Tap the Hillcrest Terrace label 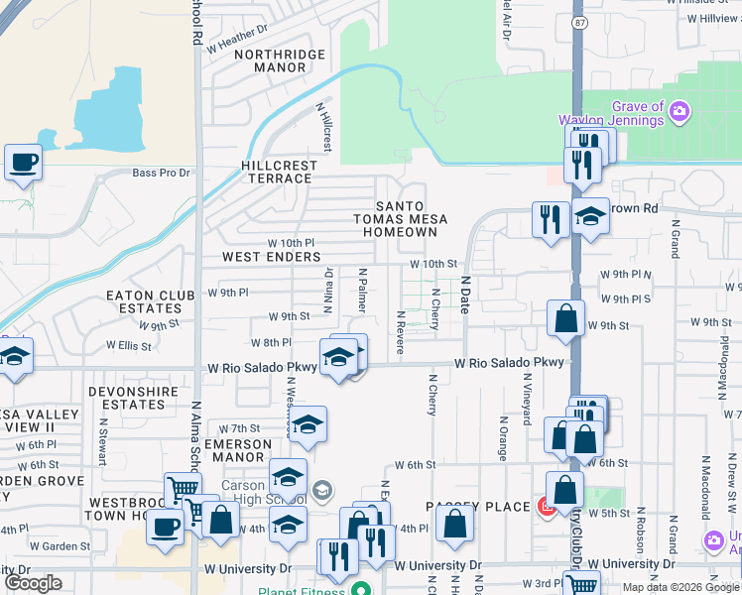279,172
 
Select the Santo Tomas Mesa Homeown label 400,218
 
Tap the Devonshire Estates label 125,398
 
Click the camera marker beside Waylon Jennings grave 680,109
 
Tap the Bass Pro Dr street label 161,173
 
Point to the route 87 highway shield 579,19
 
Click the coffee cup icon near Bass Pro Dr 23,162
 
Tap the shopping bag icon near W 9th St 564,318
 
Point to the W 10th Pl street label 291,243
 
